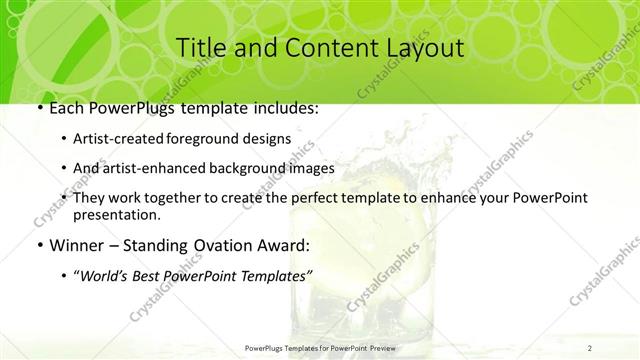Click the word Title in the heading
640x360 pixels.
click(x=198, y=47)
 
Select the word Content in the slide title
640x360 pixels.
click(x=320, y=47)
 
